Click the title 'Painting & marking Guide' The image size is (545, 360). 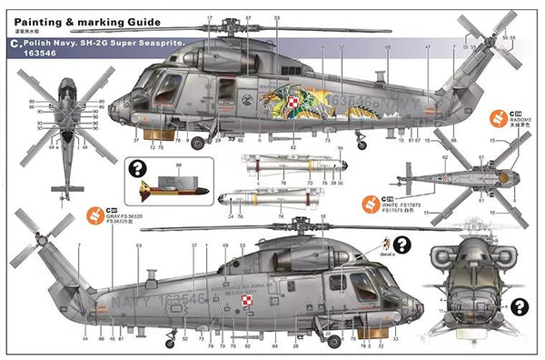click(86, 20)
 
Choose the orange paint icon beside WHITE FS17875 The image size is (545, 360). click(372, 202)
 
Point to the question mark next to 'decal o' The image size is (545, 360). click(401, 244)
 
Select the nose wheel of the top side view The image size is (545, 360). click(201, 142)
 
